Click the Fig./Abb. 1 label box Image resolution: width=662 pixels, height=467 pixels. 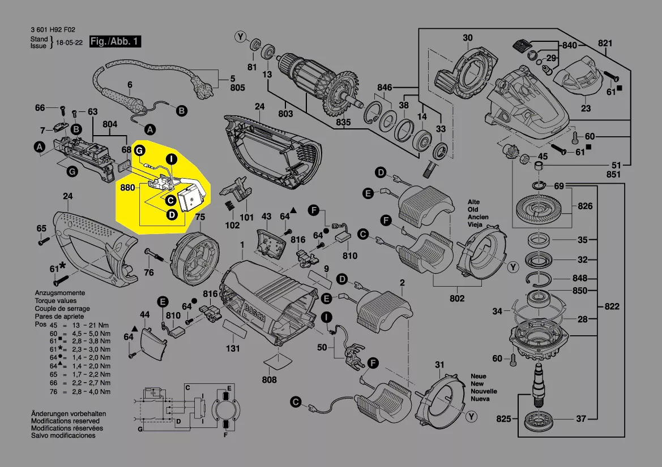point(115,42)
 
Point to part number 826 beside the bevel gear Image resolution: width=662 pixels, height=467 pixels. point(585,206)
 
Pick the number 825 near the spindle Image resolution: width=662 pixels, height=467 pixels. point(503,419)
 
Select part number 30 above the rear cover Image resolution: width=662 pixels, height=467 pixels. point(467,38)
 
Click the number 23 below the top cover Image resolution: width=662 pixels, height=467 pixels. point(586,108)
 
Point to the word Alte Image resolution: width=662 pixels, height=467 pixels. point(474,202)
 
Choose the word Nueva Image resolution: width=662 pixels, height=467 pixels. point(480,399)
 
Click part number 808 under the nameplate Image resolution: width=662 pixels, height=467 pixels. point(270,379)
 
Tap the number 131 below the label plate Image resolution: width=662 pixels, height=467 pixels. point(233,349)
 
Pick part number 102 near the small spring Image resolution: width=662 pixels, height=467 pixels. point(233,224)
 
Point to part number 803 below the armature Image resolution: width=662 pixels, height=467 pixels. point(285,114)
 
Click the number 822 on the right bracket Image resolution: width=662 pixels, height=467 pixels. point(611,306)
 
